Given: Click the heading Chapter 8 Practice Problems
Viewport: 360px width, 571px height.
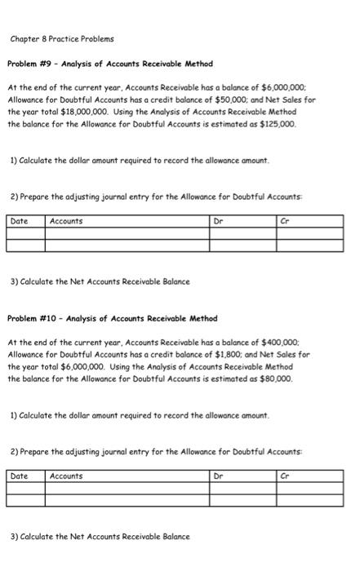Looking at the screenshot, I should [63, 39].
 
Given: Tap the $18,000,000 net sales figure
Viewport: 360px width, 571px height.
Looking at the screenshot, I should [72, 112].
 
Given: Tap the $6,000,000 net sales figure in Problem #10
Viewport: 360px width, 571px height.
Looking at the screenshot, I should [68, 365].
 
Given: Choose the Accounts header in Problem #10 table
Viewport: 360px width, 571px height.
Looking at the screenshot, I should [66, 475].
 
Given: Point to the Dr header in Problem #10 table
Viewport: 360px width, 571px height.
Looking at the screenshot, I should [218, 475].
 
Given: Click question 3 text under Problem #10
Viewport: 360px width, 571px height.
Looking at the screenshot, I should [99, 536].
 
